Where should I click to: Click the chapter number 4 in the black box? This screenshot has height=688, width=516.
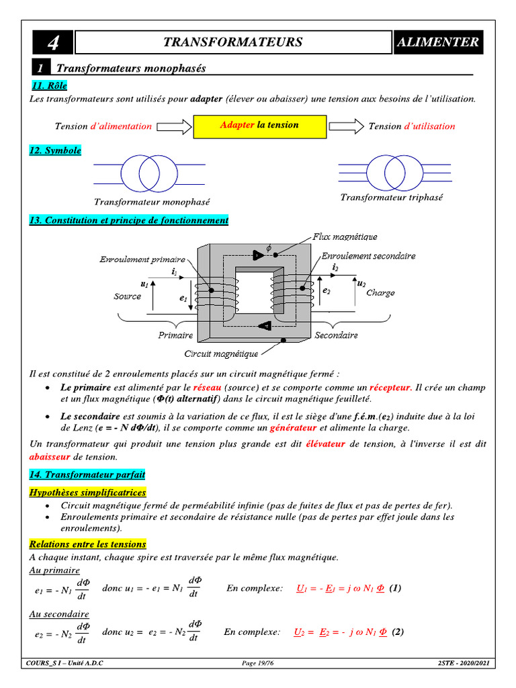(x=52, y=43)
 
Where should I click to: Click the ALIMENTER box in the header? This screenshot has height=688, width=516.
(x=438, y=42)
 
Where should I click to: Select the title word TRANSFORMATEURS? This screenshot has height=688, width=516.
(x=232, y=42)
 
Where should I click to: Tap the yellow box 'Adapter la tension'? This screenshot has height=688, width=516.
(x=259, y=126)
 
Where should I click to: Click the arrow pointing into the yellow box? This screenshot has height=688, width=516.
(x=173, y=126)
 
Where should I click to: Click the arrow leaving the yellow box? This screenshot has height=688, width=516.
(x=345, y=126)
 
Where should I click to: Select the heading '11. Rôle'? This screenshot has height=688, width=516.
(x=49, y=86)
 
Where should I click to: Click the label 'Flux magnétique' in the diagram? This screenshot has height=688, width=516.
(x=345, y=236)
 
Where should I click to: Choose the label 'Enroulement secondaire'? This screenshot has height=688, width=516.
(x=368, y=256)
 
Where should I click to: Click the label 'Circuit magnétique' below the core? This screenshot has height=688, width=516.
(x=221, y=353)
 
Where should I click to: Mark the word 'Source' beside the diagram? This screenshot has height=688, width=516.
(x=128, y=296)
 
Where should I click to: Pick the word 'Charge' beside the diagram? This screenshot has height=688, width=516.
(x=380, y=293)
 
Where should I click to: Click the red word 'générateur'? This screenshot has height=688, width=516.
(x=293, y=427)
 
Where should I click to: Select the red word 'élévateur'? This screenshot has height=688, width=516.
(x=326, y=444)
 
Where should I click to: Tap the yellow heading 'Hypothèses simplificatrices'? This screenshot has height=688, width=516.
(x=87, y=492)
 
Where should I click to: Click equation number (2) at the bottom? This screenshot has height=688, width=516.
(x=398, y=632)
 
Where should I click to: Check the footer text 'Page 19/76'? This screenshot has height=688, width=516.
(x=257, y=664)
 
